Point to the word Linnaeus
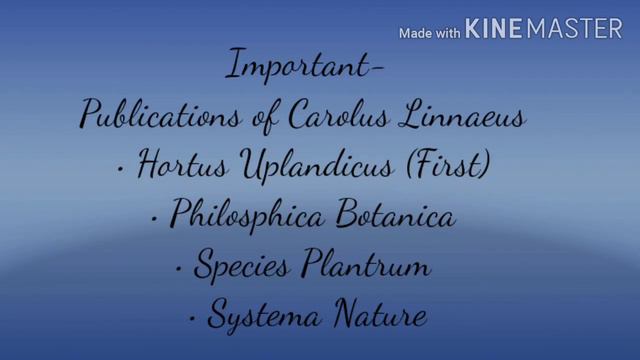467,116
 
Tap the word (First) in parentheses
453,166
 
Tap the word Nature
382,317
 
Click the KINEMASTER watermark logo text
544,31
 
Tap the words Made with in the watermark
430,33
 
